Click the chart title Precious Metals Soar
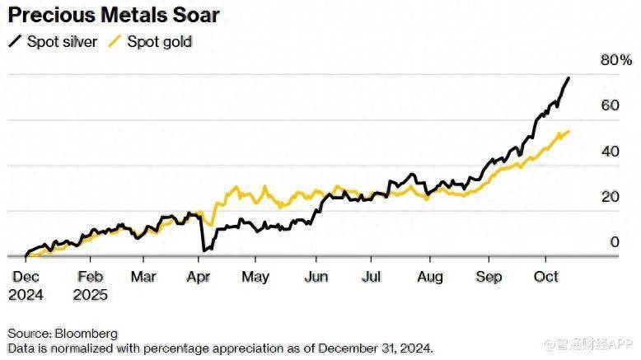[x=115, y=16]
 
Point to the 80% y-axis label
[x=616, y=60]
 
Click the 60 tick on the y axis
[x=608, y=105]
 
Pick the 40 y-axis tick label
[x=608, y=152]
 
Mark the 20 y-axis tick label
[x=608, y=197]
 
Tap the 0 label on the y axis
[x=613, y=242]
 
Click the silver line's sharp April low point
[x=204, y=249]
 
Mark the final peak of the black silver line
[x=568, y=77]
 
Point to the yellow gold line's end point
[x=569, y=131]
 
